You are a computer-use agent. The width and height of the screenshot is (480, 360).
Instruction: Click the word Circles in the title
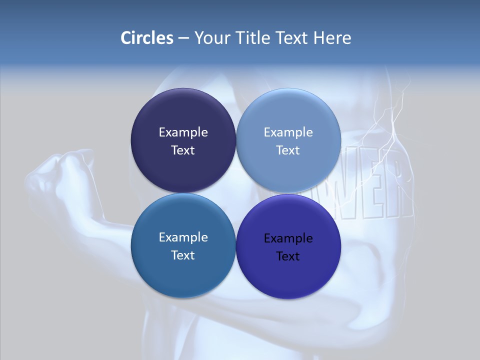[x=146, y=38]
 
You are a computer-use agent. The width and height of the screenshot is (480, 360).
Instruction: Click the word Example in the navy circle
[x=183, y=132]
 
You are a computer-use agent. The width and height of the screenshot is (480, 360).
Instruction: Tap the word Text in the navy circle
[x=183, y=150]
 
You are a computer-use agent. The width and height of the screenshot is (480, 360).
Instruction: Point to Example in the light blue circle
[x=288, y=132]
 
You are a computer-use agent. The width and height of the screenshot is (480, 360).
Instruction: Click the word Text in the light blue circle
[x=288, y=150]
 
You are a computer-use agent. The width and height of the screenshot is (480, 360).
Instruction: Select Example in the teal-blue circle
[x=183, y=237]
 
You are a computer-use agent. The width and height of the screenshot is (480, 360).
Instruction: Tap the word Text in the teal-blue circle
[x=183, y=255]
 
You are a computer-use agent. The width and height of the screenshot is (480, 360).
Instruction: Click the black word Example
[x=288, y=238]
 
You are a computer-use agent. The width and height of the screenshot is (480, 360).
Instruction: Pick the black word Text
[x=288, y=256]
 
